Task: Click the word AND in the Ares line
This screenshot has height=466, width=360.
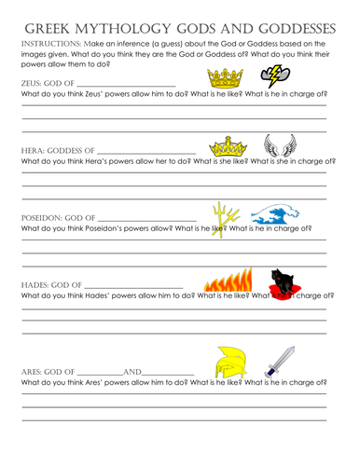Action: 133,372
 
